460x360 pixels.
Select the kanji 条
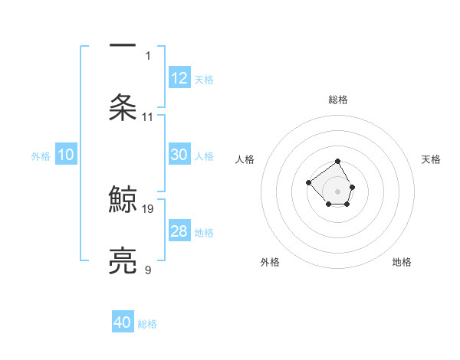coord(123,107)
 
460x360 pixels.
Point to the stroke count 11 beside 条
coord(148,117)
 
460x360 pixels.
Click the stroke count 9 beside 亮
coord(148,270)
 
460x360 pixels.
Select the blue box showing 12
coord(179,78)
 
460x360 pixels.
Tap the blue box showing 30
coord(179,155)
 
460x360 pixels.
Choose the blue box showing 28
coord(179,231)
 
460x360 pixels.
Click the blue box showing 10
coord(66,155)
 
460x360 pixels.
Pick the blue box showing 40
coord(123,322)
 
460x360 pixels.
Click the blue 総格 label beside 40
coord(147,324)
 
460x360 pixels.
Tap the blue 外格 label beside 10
coord(41,156)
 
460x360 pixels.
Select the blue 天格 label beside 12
coord(204,80)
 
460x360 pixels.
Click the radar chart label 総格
coord(338,100)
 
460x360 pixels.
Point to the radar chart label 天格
coord(431,159)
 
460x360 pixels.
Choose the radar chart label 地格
coord(402,262)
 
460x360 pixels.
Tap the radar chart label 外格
coord(270,262)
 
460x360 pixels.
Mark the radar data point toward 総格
coord(337,162)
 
